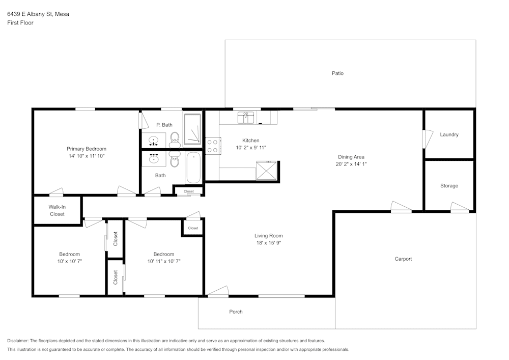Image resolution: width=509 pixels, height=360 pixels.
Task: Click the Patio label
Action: [337, 73]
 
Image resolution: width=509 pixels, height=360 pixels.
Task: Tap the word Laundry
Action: [449, 134]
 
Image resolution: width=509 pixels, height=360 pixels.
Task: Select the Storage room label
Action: [449, 186]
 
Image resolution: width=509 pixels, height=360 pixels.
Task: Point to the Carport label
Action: [403, 259]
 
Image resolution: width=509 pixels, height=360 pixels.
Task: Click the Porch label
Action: [236, 312]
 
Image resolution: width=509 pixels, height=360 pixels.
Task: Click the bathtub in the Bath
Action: [193, 168]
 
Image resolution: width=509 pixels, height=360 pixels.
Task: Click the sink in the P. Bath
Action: [153, 140]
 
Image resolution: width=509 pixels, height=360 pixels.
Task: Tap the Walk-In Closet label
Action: [57, 210]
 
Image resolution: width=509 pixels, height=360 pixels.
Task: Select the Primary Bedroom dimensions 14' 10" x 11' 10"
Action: [87, 156]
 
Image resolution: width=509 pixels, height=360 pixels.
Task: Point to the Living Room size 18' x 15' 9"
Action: [268, 243]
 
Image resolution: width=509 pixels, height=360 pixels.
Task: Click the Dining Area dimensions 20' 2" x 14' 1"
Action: [351, 164]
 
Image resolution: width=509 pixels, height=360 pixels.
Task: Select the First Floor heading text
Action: [20, 23]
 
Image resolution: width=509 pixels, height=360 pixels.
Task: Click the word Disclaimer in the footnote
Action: [18, 340]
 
